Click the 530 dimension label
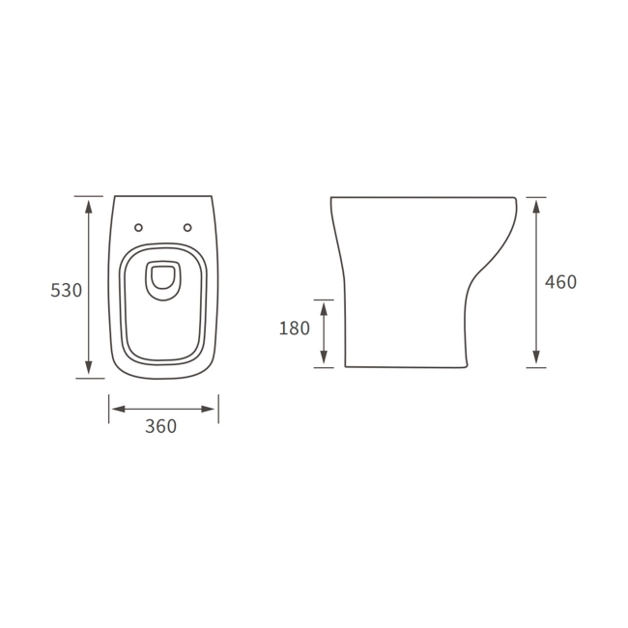(66, 290)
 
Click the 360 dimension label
(160, 426)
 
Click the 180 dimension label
(294, 328)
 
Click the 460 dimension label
(560, 282)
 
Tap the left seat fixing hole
(138, 228)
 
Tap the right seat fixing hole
(187, 228)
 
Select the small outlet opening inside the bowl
(163, 279)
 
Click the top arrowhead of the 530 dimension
(89, 206)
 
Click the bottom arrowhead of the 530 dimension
(89, 368)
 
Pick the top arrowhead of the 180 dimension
(324, 308)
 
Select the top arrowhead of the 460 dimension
(536, 206)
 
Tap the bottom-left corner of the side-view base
(345, 366)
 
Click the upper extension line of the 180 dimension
(324, 300)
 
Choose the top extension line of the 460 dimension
(536, 197)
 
